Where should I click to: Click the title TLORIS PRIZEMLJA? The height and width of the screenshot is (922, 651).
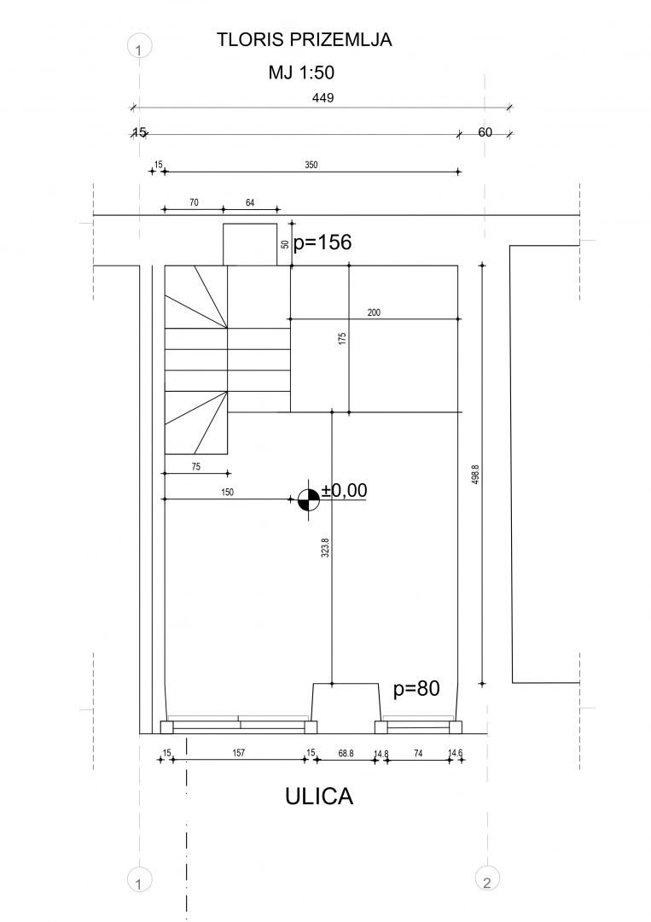tap(304, 40)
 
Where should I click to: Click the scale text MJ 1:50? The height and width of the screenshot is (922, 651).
tap(301, 73)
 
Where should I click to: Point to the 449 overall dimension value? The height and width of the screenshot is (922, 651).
tap(323, 97)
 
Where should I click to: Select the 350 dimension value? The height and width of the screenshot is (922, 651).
tap(311, 166)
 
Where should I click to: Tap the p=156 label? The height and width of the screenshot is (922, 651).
tap(323, 242)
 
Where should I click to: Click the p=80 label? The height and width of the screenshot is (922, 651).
tap(416, 688)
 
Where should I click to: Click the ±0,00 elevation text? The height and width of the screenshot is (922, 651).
tap(345, 490)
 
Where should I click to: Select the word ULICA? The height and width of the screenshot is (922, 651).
tap(319, 797)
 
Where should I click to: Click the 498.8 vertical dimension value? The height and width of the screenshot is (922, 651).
tap(475, 475)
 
